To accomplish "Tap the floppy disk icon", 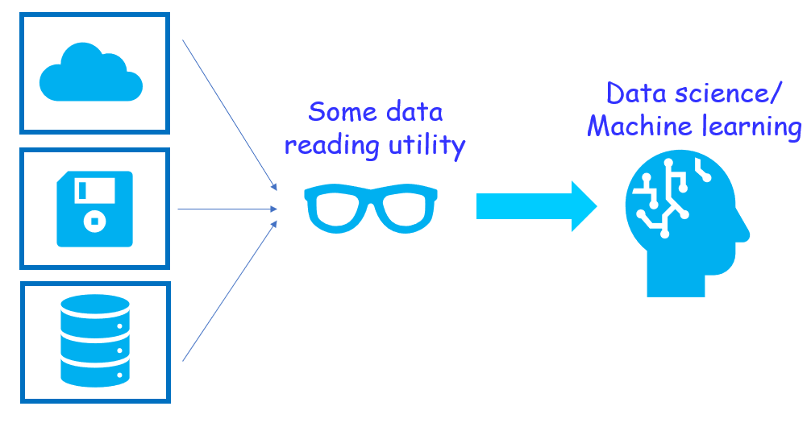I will [x=94, y=208].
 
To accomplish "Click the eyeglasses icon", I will [x=372, y=208].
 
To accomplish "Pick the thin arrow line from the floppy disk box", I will [x=226, y=209].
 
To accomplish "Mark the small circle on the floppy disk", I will [x=95, y=218].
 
